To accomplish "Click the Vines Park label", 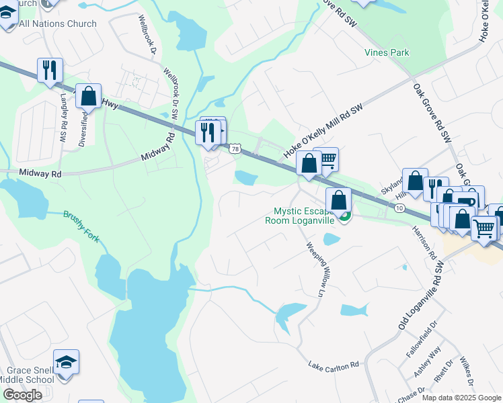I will click(405, 52).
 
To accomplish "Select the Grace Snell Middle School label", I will click(30, 375).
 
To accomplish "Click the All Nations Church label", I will click(58, 24).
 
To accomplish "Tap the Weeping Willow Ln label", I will click(315, 268).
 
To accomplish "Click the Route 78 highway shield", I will click(234, 148).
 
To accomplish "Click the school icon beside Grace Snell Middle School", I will click(67, 363).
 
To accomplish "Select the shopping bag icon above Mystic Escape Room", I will click(338, 200).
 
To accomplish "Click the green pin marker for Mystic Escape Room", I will click(344, 217).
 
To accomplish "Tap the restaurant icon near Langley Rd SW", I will click(50, 71).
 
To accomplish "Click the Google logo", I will click(22, 395).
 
